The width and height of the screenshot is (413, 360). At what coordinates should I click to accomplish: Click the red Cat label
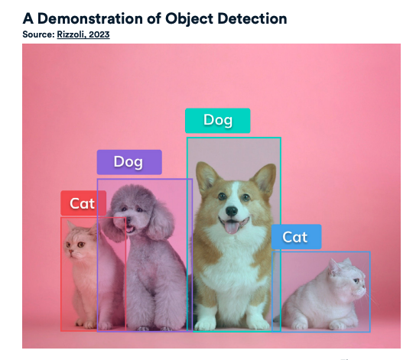[x=83, y=203]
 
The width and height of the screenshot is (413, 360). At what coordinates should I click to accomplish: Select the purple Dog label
[x=129, y=162]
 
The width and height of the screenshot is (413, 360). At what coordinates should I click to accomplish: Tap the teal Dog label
[x=218, y=121]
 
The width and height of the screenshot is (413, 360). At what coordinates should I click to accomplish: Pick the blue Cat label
[x=296, y=237]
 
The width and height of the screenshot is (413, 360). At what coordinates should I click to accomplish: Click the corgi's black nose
[x=232, y=211]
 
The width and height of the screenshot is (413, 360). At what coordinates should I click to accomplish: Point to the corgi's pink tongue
[x=231, y=227]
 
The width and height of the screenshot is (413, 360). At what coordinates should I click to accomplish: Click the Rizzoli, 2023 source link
[x=83, y=34]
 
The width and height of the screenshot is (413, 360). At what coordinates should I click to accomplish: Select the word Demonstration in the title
[x=90, y=18]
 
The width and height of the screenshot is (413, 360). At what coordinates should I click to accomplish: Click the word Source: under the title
[x=38, y=34]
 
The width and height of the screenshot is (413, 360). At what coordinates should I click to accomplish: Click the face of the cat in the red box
[x=76, y=243]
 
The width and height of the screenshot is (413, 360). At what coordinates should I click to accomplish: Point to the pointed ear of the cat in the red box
[x=70, y=225]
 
